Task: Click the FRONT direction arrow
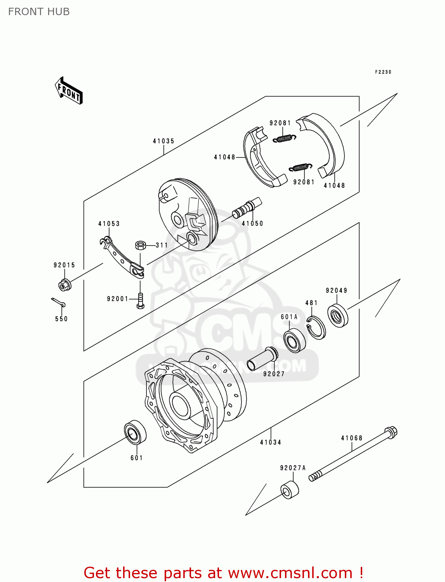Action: pyautogui.click(x=69, y=90)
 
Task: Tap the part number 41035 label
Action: pyautogui.click(x=163, y=141)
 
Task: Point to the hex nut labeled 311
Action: pyautogui.click(x=140, y=245)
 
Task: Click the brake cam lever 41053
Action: pyautogui.click(x=122, y=258)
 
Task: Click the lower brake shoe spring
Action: pyautogui.click(x=300, y=167)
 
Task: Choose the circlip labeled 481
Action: pyautogui.click(x=316, y=327)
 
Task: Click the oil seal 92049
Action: pyautogui.click(x=338, y=315)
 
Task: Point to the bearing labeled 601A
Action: pyautogui.click(x=294, y=340)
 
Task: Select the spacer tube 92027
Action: pyautogui.click(x=262, y=359)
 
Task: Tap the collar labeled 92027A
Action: pyautogui.click(x=290, y=490)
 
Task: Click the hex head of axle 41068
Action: pyautogui.click(x=391, y=432)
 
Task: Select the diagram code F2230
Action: pyautogui.click(x=383, y=72)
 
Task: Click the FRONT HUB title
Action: pyautogui.click(x=39, y=12)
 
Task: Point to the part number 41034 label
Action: pyautogui.click(x=271, y=442)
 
